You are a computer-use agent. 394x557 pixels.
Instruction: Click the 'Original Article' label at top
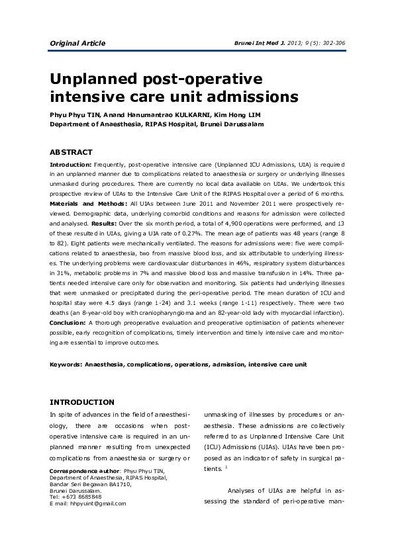click(x=77, y=44)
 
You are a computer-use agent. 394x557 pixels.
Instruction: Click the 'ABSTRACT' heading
click(x=72, y=152)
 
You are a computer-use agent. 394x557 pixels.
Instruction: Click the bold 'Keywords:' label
click(x=66, y=364)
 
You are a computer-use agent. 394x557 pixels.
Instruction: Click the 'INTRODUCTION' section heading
click(x=82, y=402)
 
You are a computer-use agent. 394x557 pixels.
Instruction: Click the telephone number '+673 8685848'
click(x=81, y=497)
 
